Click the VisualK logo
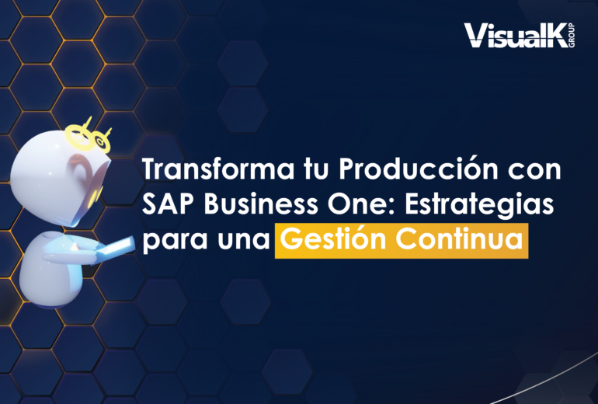519,36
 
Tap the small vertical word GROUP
572,36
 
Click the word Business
261,204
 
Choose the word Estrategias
479,206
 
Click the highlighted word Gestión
333,239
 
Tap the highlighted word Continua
459,239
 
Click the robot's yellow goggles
89,136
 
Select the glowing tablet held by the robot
114,249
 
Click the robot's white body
51,271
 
